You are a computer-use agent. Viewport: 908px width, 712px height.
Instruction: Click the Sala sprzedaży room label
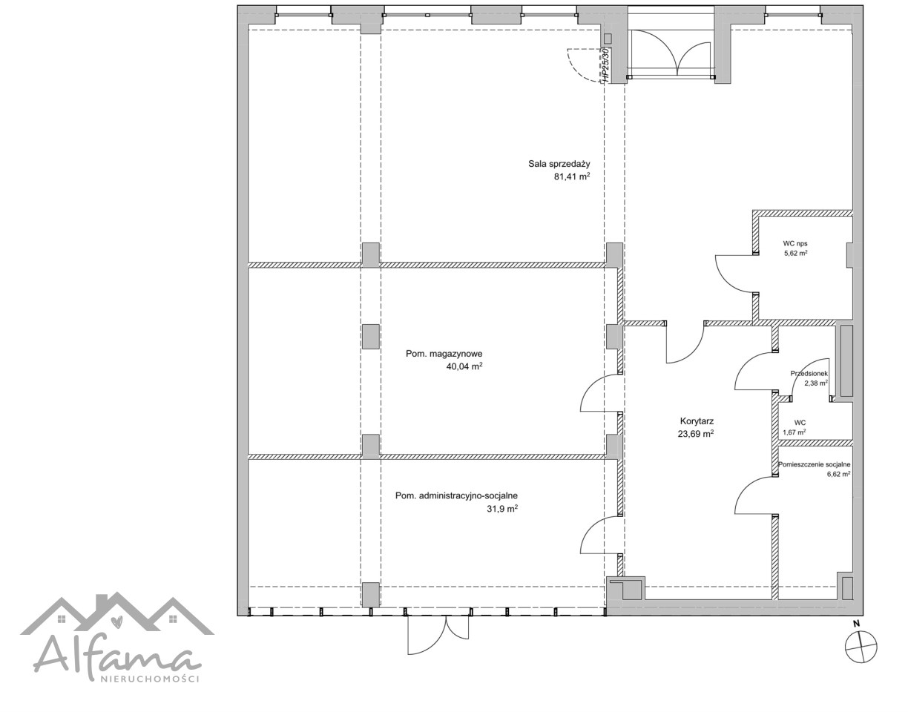click(x=559, y=164)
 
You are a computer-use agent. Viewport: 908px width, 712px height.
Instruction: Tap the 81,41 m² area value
click(x=572, y=177)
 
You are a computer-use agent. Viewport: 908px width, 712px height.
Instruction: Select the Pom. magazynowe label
click(x=444, y=354)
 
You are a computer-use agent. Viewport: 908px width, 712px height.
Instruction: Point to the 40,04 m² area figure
click(x=464, y=366)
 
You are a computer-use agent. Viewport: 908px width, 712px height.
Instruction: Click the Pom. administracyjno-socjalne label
click(x=457, y=495)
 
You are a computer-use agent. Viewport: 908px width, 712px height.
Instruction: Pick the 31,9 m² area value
click(x=502, y=508)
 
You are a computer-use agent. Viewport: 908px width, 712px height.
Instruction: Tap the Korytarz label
click(x=697, y=421)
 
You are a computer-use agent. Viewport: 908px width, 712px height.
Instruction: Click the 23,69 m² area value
click(x=696, y=433)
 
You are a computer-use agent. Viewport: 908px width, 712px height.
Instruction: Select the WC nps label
click(x=795, y=243)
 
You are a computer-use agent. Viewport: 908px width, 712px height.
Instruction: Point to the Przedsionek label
click(x=809, y=374)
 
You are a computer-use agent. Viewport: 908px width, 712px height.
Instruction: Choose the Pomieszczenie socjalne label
click(x=814, y=464)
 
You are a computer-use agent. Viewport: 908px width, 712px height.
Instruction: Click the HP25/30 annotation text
click(x=605, y=65)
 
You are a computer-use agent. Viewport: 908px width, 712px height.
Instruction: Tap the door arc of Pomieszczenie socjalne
click(x=745, y=488)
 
